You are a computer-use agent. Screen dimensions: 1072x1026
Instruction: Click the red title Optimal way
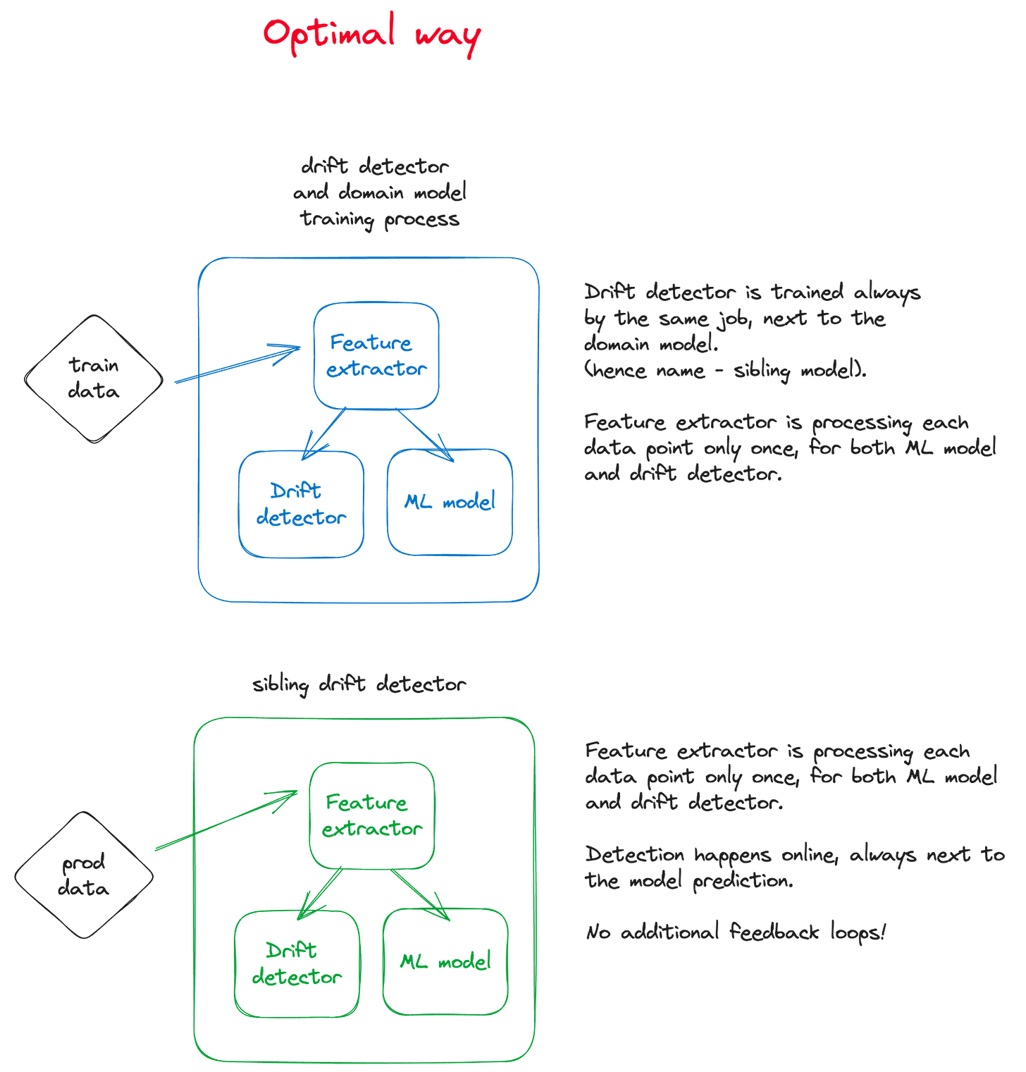tap(372, 34)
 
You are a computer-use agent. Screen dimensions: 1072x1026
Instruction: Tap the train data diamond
tap(94, 378)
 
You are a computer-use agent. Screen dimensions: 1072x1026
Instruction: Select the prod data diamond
tap(84, 875)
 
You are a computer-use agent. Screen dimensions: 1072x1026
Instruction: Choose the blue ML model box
tap(450, 502)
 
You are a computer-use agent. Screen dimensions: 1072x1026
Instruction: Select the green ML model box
tap(445, 962)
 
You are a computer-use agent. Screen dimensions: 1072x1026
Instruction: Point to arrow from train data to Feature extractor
tap(236, 364)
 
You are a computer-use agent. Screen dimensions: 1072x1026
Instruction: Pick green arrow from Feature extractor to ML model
tap(421, 894)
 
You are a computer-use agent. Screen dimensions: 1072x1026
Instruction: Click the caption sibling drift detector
tap(359, 684)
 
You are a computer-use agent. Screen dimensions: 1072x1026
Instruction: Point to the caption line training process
tap(380, 219)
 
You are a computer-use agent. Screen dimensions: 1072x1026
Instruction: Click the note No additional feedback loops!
tap(735, 932)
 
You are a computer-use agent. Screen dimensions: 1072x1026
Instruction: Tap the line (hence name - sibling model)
tap(724, 370)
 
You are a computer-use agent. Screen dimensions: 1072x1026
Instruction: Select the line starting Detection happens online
tap(794, 855)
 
